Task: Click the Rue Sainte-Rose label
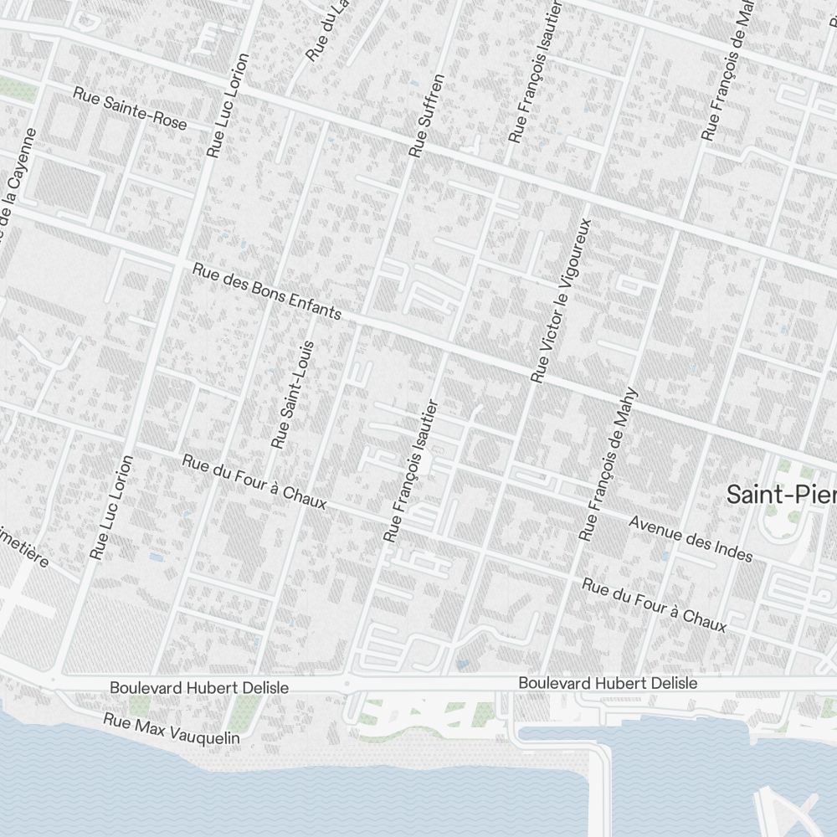pos(130,108)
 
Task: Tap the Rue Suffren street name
pos(426,116)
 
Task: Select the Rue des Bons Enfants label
pos(267,292)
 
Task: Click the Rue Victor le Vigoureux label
pos(562,300)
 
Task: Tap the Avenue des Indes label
pos(691,538)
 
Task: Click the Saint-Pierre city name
pos(781,494)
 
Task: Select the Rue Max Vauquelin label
pos(172,728)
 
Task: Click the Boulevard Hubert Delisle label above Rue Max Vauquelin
pos(199,687)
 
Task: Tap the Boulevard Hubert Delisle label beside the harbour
pos(608,683)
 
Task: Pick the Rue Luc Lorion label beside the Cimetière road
pos(112,507)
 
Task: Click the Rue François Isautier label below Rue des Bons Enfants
pos(410,470)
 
